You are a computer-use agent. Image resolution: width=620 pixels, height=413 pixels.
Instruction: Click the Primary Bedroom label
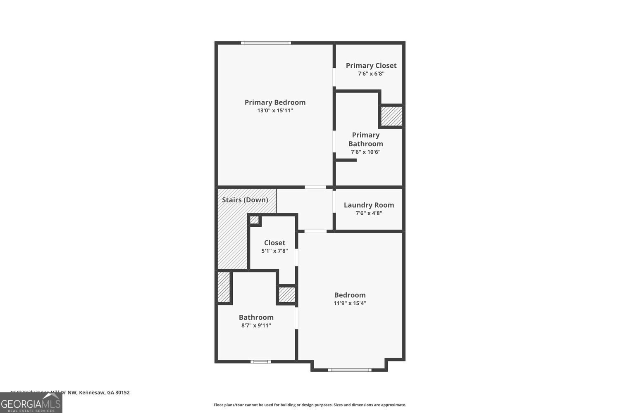(275, 102)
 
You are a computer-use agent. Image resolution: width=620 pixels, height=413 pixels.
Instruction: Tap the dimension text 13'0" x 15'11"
(275, 111)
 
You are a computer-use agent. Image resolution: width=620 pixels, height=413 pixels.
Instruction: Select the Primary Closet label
(371, 65)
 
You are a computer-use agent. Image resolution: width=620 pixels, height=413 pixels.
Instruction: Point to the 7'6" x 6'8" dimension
(371, 74)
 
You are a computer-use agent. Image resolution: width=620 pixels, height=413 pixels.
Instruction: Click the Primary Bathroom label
(365, 139)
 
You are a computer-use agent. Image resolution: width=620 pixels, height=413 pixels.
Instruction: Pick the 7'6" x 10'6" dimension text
(365, 152)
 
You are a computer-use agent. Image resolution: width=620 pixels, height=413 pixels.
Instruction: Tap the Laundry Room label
(369, 205)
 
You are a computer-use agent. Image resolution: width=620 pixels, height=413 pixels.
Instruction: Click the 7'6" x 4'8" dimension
(369, 213)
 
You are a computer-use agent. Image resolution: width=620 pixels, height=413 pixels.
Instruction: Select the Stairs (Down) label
(245, 200)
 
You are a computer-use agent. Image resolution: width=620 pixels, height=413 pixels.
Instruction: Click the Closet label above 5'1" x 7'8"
(274, 243)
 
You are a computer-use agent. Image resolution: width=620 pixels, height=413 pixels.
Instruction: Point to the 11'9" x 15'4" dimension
(350, 303)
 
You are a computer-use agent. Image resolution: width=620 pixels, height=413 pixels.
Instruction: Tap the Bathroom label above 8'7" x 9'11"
(256, 317)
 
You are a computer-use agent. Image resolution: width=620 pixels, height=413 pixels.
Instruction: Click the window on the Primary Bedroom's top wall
(266, 43)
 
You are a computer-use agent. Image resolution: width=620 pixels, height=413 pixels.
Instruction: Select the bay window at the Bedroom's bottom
(349, 370)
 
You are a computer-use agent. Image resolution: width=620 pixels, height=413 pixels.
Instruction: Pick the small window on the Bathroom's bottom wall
(260, 362)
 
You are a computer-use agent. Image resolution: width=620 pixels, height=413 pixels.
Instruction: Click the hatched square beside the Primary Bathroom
(391, 116)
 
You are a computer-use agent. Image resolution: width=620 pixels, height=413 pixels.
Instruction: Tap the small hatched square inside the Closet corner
(254, 220)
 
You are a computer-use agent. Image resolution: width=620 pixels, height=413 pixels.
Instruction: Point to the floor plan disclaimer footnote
(310, 405)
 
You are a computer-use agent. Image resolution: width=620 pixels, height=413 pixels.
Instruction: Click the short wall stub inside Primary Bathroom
(346, 160)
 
